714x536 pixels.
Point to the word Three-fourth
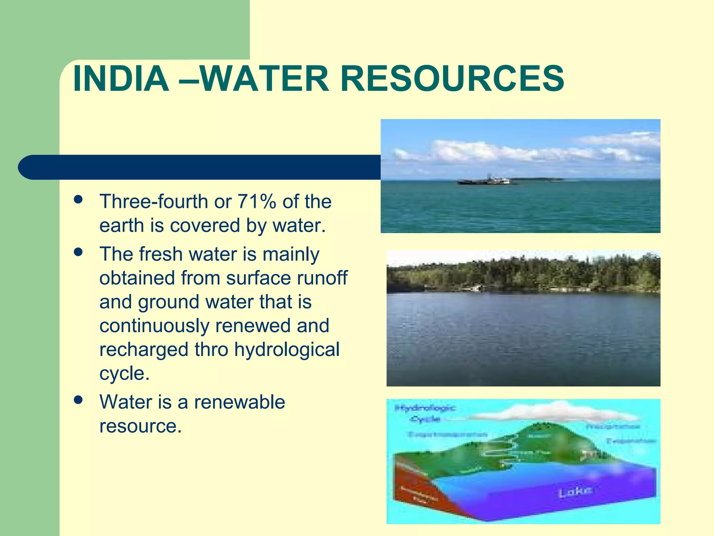(x=154, y=202)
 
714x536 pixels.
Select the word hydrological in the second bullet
(x=287, y=350)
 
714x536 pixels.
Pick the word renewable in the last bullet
(x=240, y=402)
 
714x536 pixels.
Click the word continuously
(x=154, y=326)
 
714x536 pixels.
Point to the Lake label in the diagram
(x=575, y=492)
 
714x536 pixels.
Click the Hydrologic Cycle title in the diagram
(x=425, y=413)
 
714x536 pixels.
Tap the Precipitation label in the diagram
(x=613, y=426)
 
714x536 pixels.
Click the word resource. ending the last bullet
(x=140, y=426)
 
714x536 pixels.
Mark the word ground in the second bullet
(x=168, y=302)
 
